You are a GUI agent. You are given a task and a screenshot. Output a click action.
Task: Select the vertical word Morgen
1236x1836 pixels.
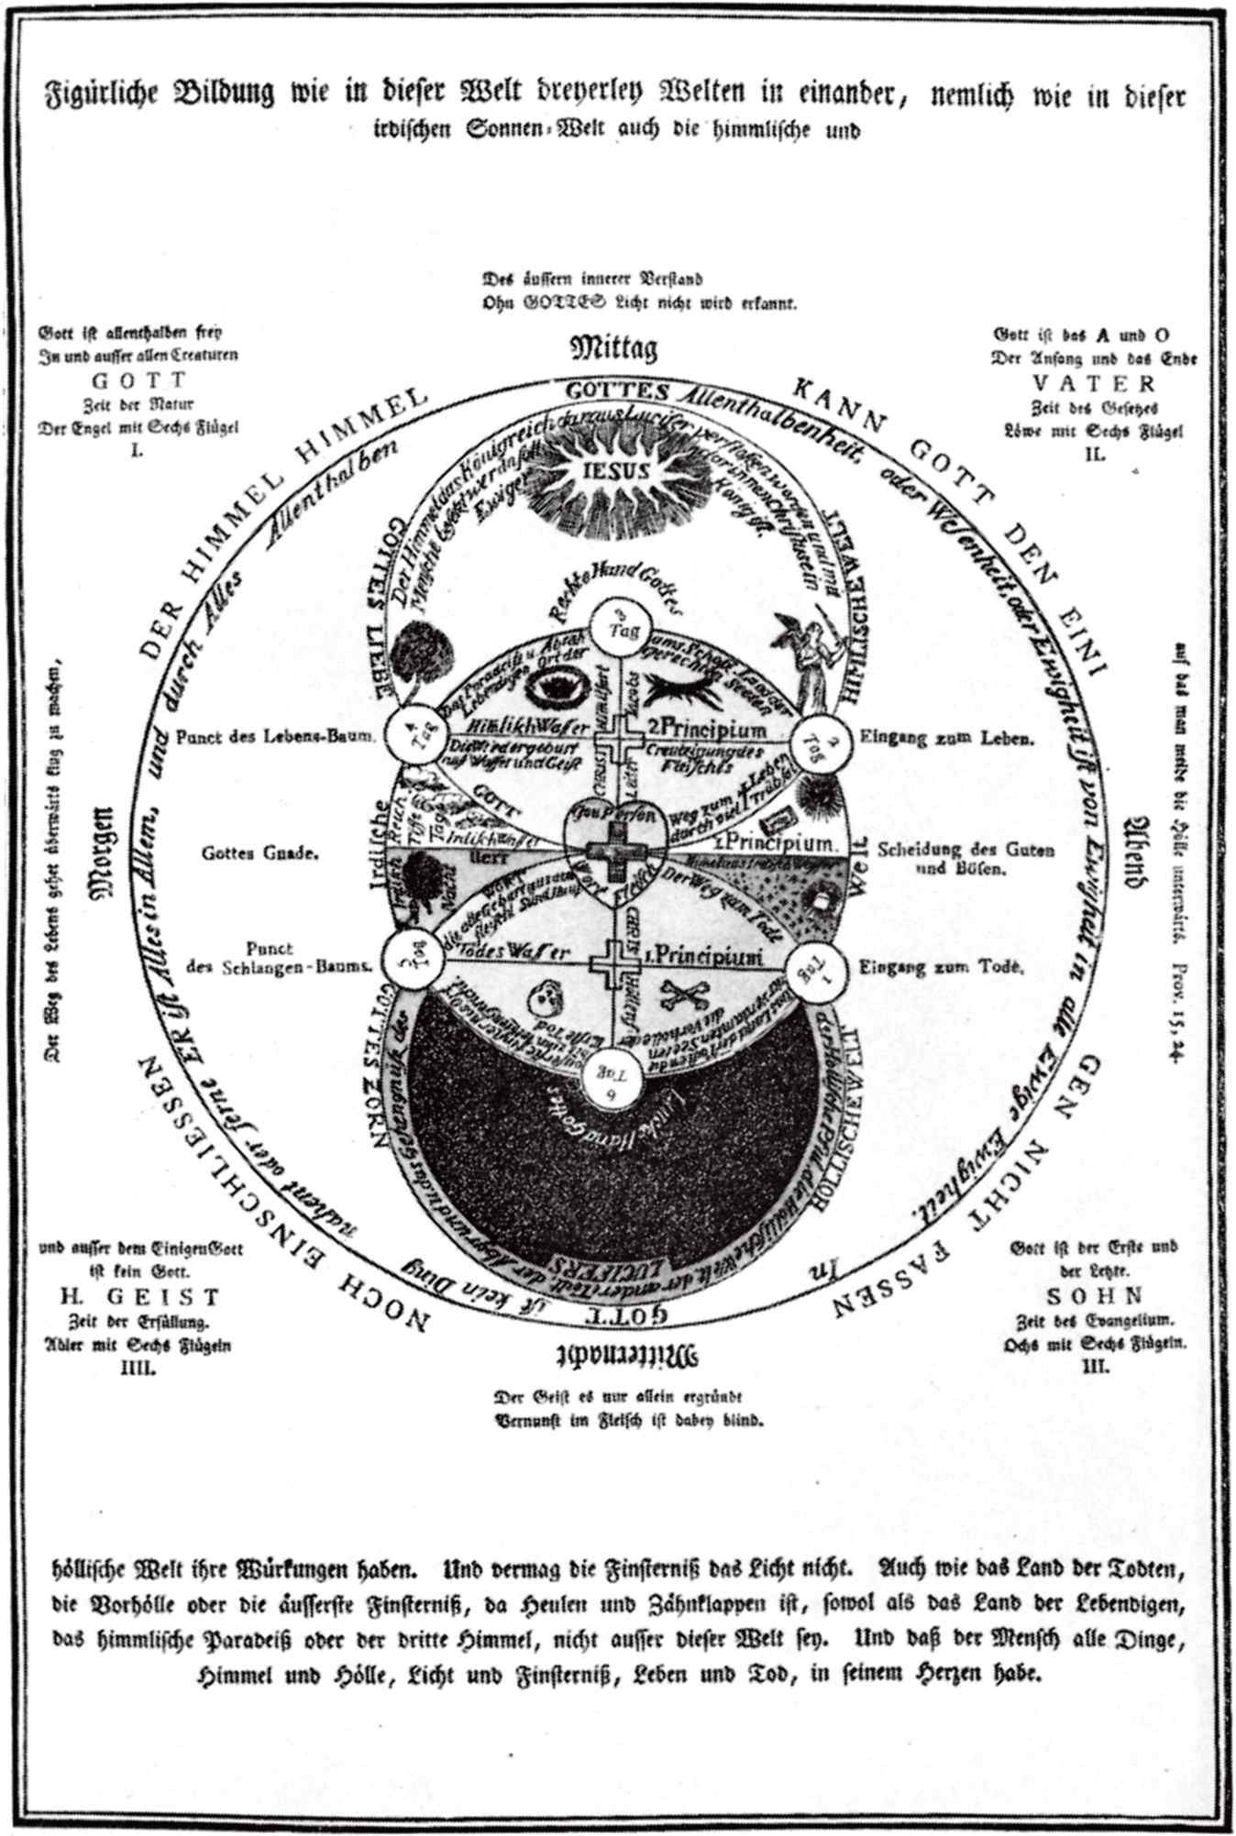[x=99, y=847]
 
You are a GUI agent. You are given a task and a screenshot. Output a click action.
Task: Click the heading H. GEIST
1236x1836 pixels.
[x=140, y=1297]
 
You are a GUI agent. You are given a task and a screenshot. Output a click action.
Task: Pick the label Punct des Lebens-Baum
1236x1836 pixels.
[x=276, y=735]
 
